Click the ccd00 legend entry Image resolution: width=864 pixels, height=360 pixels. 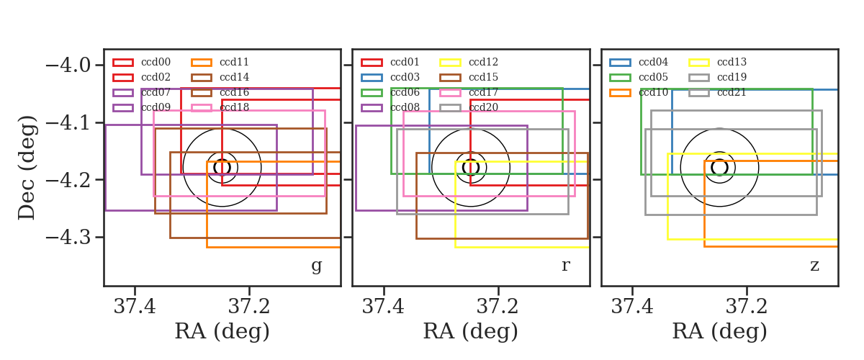coord(142,62)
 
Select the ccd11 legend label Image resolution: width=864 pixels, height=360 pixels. coord(234,62)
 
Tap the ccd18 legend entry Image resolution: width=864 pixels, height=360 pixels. coord(220,107)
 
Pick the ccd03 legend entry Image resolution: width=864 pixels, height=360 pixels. coord(390,77)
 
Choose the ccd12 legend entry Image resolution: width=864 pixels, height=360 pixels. coord(469,62)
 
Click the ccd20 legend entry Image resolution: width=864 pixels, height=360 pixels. coord(469,107)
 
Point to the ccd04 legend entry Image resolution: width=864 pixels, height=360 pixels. coord(639,62)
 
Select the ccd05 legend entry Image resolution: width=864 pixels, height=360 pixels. coord(639,77)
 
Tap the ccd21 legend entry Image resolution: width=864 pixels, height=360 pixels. coord(717,92)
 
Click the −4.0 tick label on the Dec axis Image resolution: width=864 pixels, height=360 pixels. coord(68,66)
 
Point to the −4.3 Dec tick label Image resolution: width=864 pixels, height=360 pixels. coord(68,237)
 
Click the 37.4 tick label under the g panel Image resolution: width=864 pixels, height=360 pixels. coord(135,307)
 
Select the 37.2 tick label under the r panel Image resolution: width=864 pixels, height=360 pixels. coord(498,307)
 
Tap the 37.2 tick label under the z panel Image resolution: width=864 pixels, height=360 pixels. coord(747,307)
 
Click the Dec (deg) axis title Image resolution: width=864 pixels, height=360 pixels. coord(27,168)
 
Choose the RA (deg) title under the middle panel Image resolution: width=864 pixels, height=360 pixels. coord(471,331)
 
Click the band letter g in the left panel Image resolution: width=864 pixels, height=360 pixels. coord(316,266)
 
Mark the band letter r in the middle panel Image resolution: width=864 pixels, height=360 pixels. coord(565,265)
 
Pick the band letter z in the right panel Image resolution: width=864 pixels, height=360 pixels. coord(814,266)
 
